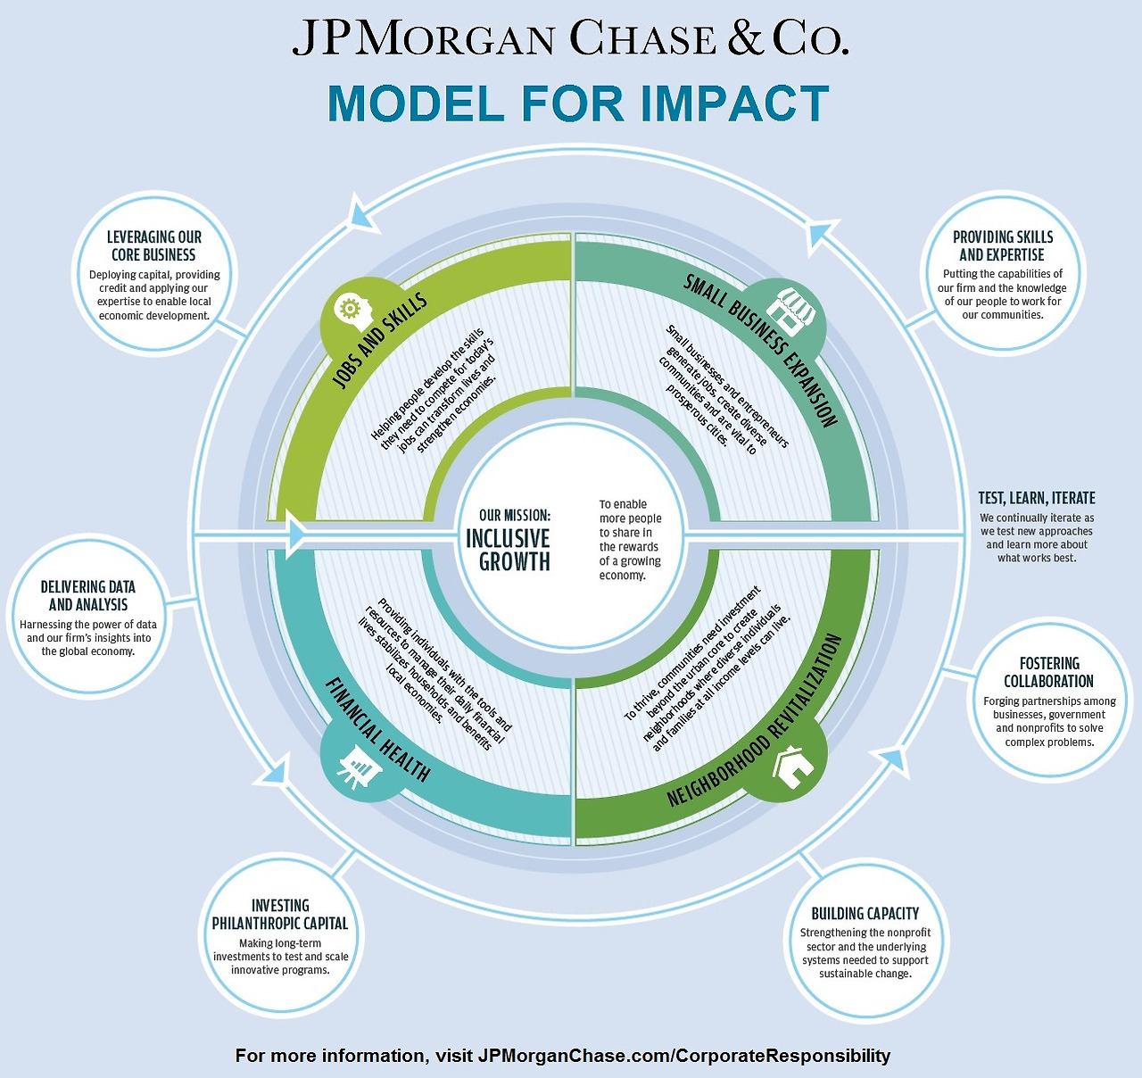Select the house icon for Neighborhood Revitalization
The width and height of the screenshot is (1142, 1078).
pyautogui.click(x=794, y=766)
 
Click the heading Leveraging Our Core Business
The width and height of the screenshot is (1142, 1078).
pyautogui.click(x=153, y=245)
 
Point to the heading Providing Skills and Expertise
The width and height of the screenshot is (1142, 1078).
pyautogui.click(x=1003, y=245)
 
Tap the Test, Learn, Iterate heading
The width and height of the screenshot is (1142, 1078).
pyautogui.click(x=1037, y=498)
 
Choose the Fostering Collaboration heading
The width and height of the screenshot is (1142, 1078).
pyautogui.click(x=1049, y=672)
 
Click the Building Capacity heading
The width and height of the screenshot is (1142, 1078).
pyautogui.click(x=865, y=914)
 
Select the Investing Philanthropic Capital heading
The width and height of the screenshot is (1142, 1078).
pyautogui.click(x=280, y=915)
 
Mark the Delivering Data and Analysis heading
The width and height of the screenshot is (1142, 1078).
pyautogui.click(x=87, y=595)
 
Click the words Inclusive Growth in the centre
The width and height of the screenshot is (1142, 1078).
pyautogui.click(x=509, y=550)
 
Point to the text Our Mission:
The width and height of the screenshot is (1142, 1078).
pyautogui.click(x=515, y=515)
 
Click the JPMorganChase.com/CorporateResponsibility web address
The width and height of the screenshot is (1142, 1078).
pyautogui.click(x=684, y=1056)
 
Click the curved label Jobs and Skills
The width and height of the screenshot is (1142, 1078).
pyautogui.click(x=379, y=340)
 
